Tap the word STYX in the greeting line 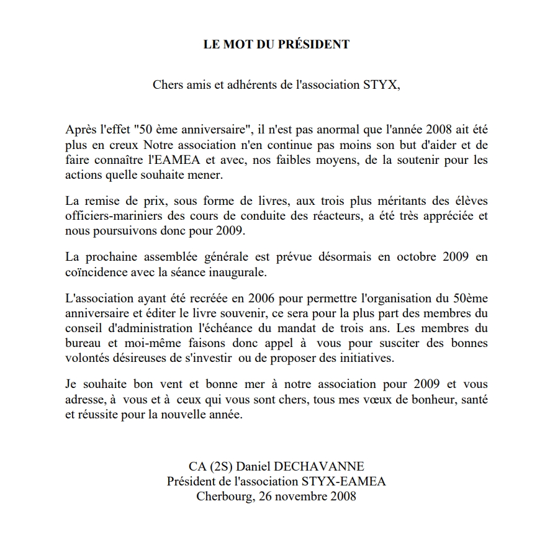point(378,85)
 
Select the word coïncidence point(96,272)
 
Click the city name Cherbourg point(224,497)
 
